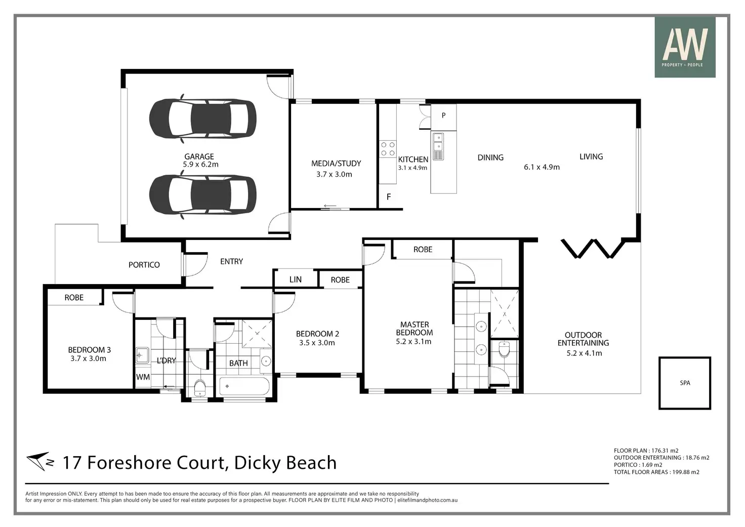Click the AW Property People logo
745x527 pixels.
(685, 47)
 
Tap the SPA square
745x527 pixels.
(684, 383)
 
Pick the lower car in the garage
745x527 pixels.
(202, 194)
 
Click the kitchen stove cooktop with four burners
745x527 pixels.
(388, 149)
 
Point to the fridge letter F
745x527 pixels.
(389, 197)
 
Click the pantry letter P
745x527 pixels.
(443, 115)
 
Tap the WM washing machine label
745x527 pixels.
(143, 377)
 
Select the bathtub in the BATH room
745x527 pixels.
(244, 386)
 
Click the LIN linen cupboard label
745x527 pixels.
(296, 279)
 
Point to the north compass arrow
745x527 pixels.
(37, 462)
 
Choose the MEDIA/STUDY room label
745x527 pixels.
(336, 164)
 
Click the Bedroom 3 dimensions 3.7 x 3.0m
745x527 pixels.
(88, 358)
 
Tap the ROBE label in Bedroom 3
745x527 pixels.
(74, 298)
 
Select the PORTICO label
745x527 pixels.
(144, 265)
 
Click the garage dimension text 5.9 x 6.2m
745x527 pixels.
(200, 165)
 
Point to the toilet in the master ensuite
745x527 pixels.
(504, 349)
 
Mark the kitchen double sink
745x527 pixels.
(438, 146)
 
